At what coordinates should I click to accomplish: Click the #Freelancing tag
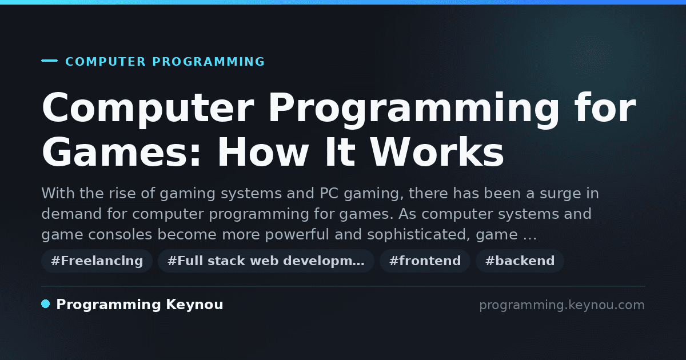point(97,261)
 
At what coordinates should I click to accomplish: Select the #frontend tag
point(425,261)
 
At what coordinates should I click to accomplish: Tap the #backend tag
point(520,261)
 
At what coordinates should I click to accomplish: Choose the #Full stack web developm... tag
point(266,261)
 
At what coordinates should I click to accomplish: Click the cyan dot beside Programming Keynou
point(46,304)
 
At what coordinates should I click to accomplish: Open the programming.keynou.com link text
point(562,305)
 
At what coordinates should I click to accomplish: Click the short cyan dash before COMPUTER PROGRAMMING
point(49,61)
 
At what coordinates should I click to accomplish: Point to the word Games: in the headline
point(122,153)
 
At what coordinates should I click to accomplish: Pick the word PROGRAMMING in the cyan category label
point(209,62)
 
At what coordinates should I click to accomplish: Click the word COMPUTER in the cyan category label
point(105,62)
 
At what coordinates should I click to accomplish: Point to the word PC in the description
point(329,193)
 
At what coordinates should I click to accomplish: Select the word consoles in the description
point(120,234)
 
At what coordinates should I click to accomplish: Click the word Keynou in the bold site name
point(194,305)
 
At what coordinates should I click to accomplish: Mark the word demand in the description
point(71,214)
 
